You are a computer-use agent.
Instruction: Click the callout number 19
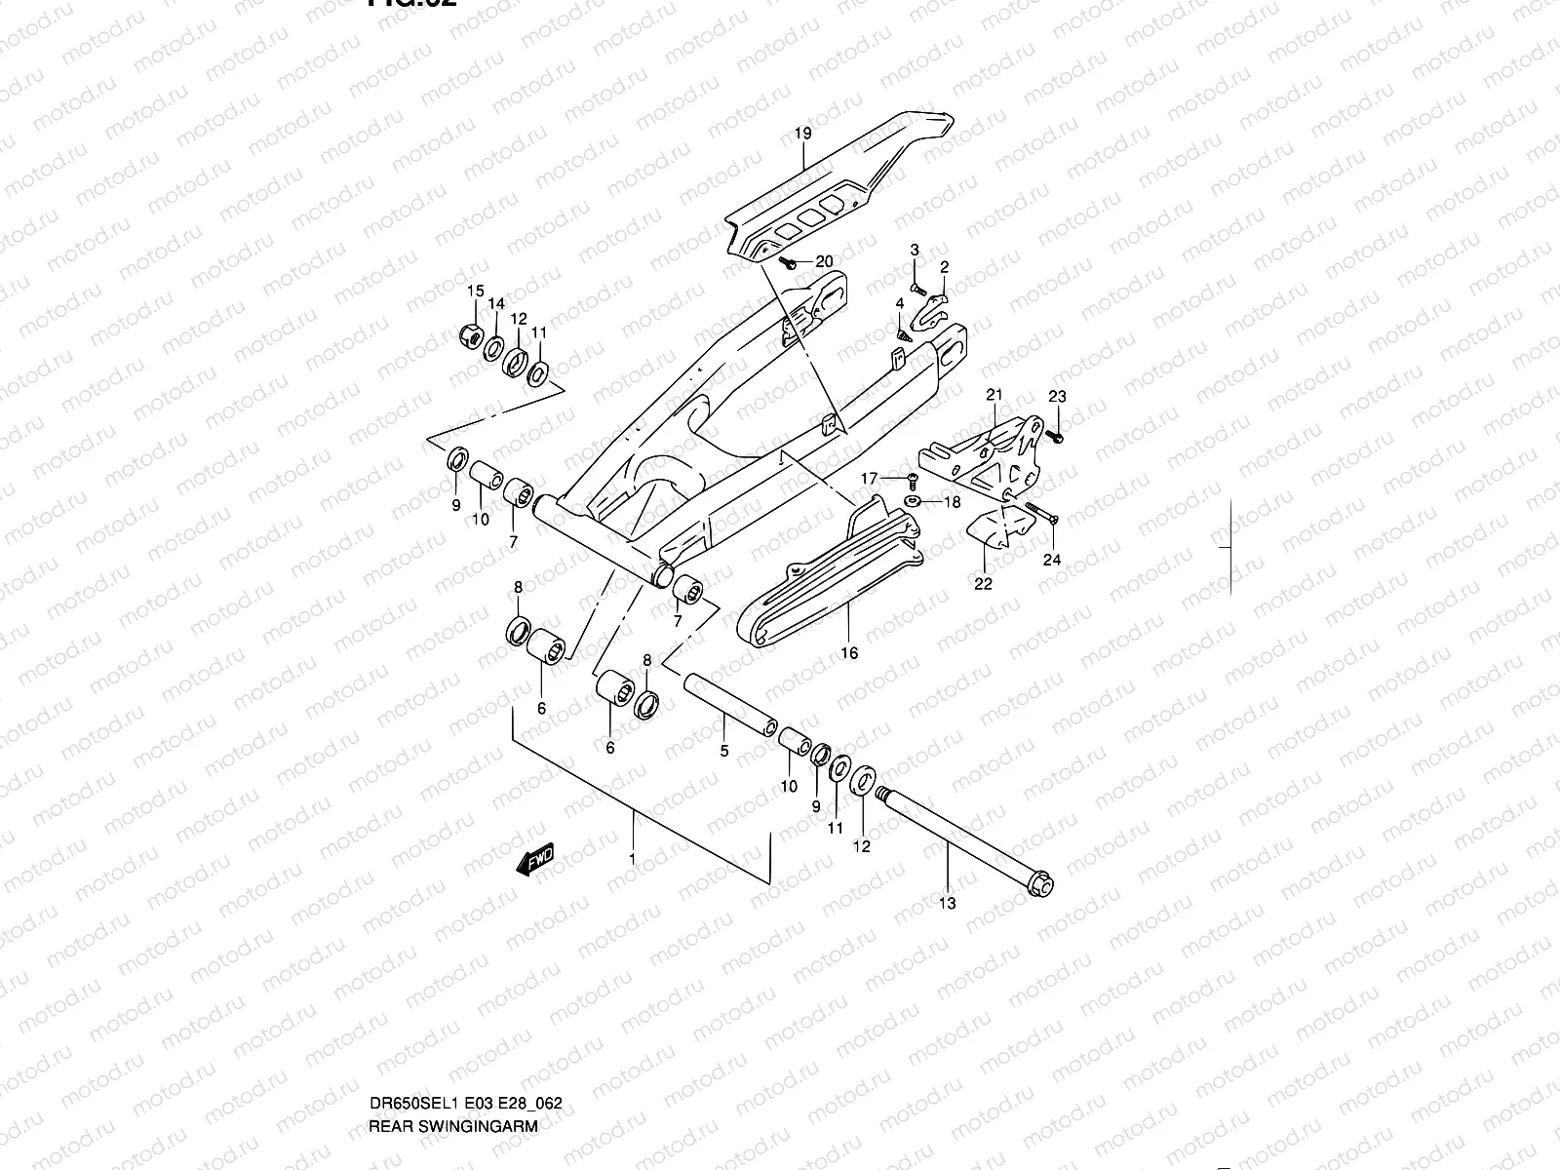pyautogui.click(x=802, y=133)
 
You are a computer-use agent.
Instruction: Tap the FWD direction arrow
pyautogui.click(x=537, y=860)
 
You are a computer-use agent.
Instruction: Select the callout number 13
pyautogui.click(x=948, y=903)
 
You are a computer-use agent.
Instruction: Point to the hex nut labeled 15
pyautogui.click(x=469, y=336)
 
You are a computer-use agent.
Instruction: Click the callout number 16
pyautogui.click(x=849, y=652)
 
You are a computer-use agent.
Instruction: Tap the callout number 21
pyautogui.click(x=994, y=395)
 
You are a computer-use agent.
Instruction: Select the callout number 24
pyautogui.click(x=1052, y=560)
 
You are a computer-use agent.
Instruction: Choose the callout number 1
pyautogui.click(x=632, y=859)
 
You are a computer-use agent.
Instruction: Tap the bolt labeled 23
pyautogui.click(x=1059, y=435)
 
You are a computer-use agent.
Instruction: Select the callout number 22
pyautogui.click(x=983, y=583)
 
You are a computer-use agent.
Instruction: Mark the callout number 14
pyautogui.click(x=496, y=304)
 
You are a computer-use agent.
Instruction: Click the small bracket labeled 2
pyautogui.click(x=936, y=308)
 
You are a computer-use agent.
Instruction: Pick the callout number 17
pyautogui.click(x=870, y=478)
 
